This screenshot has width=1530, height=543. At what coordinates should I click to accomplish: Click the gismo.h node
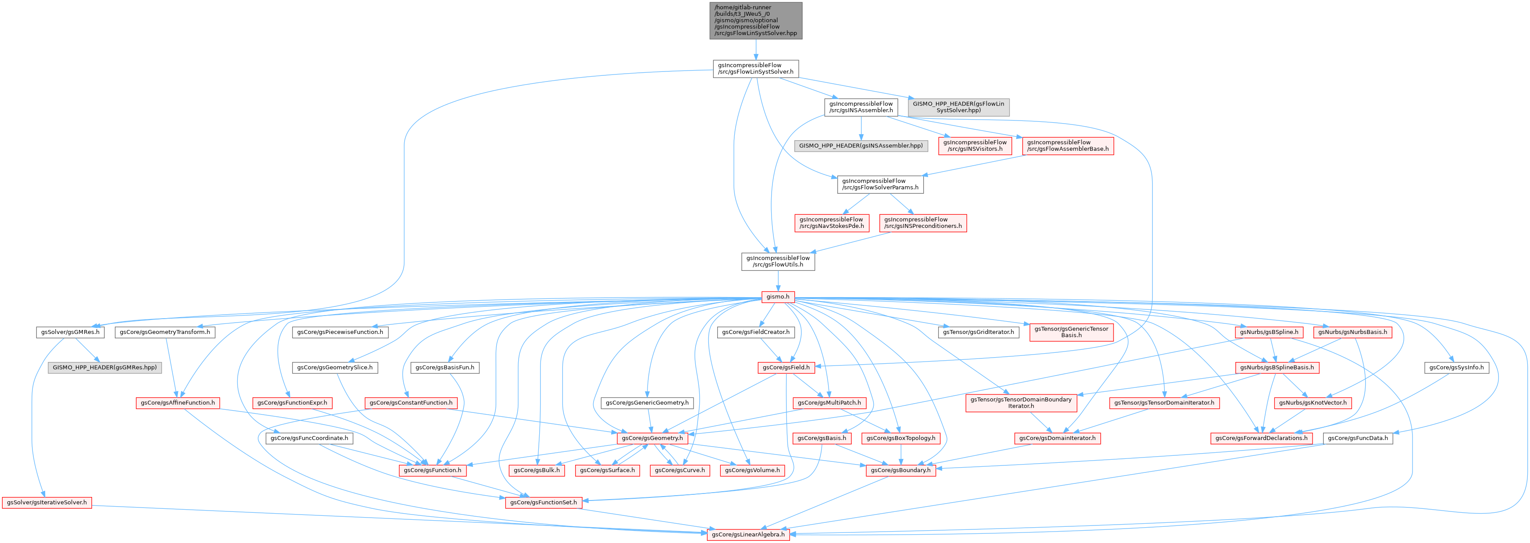(777, 297)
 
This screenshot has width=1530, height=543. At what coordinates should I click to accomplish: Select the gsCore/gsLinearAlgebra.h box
(748, 534)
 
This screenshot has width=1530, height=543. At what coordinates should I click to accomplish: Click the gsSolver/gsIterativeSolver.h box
(47, 503)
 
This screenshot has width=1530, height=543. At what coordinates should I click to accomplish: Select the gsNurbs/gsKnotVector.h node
(1313, 403)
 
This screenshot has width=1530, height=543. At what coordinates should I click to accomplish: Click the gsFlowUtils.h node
(777, 261)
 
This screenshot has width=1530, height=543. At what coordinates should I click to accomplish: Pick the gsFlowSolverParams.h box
(880, 184)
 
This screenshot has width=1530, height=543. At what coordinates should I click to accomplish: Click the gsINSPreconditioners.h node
(922, 223)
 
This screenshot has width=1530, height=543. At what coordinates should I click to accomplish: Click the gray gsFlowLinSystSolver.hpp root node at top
(755, 20)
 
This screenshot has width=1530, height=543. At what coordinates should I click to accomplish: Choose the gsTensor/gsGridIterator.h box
(978, 332)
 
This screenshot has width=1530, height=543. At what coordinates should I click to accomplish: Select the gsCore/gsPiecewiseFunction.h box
(340, 332)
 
